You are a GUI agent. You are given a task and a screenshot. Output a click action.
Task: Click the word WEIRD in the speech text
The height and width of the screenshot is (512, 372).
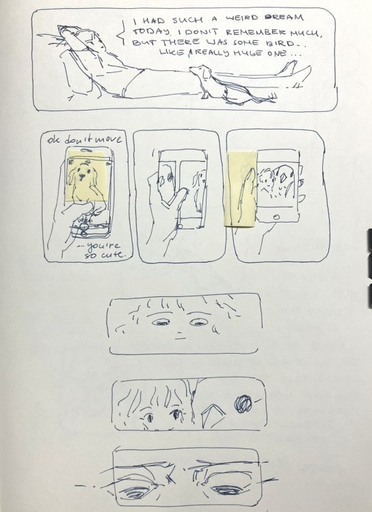point(240,18)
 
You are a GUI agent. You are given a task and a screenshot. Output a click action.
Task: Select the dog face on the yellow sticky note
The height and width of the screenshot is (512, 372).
point(80,174)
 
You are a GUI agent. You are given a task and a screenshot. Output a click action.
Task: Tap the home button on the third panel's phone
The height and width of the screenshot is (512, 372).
point(276,216)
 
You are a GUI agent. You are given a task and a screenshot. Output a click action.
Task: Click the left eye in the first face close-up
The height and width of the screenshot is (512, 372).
point(161,323)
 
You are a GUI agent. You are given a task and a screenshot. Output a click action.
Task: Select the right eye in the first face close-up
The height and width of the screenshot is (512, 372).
point(198,323)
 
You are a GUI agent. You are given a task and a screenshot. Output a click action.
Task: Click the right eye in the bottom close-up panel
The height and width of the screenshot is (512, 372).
point(226,489)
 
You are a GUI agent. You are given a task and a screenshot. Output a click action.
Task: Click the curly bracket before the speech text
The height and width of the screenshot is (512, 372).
point(123,32)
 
